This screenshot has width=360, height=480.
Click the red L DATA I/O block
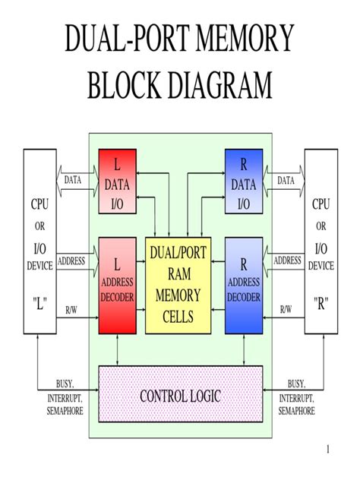(x=117, y=183)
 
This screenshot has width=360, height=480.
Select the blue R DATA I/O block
(x=244, y=183)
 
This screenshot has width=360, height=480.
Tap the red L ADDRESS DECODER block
(x=117, y=284)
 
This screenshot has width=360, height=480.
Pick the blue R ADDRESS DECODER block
(x=244, y=284)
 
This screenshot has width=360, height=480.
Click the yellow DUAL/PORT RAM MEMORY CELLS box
(x=178, y=284)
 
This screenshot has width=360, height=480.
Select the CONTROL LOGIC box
(x=180, y=396)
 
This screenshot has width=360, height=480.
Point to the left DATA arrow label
(x=72, y=181)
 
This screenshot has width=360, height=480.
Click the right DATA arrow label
(x=286, y=181)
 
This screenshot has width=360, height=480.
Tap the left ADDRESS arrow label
(x=71, y=261)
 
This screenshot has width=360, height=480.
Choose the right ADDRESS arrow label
(x=287, y=261)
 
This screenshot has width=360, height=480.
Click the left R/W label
(x=71, y=309)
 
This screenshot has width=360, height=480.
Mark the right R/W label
(x=286, y=309)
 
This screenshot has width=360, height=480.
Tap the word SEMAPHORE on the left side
(x=65, y=411)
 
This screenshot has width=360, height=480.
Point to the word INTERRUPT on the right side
(x=297, y=397)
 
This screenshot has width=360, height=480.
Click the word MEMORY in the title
(x=245, y=39)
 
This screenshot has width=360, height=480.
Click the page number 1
(x=327, y=450)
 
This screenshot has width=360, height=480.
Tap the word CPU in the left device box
(x=40, y=204)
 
